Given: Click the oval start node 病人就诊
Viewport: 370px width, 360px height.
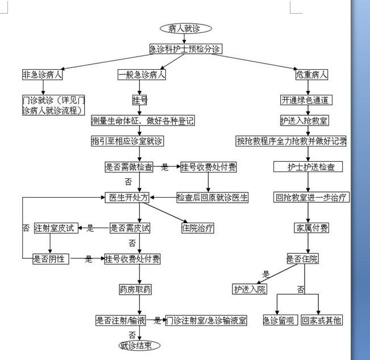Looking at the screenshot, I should pyautogui.click(x=186, y=28).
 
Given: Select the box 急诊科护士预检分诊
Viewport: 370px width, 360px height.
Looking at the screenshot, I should pyautogui.click(x=185, y=49).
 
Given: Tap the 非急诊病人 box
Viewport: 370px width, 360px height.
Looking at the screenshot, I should pyautogui.click(x=43, y=74).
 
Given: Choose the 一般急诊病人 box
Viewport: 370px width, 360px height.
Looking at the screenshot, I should pyautogui.click(x=142, y=74).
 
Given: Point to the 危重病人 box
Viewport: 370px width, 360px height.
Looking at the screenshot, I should pyautogui.click(x=311, y=74).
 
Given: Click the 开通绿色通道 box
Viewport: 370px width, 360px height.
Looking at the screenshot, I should pyautogui.click(x=306, y=101).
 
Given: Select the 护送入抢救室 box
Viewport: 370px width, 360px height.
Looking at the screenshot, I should pyautogui.click(x=304, y=121).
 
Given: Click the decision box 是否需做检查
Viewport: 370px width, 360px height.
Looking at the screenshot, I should pyautogui.click(x=129, y=167).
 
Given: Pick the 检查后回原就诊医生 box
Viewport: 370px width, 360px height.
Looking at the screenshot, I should pyautogui.click(x=213, y=198).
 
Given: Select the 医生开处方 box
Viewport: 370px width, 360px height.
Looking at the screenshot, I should pyautogui.click(x=128, y=198).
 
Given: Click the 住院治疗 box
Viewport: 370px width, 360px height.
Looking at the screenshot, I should pyautogui.click(x=197, y=228).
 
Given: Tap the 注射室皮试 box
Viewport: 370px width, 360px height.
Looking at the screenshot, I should pyautogui.click(x=55, y=228).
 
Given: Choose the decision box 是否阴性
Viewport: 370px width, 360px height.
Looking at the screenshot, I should pyautogui.click(x=51, y=259).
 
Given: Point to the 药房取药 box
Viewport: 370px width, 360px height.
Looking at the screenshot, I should pyautogui.click(x=135, y=290).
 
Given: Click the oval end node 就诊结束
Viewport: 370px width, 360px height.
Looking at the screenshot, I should pyautogui.click(x=136, y=345).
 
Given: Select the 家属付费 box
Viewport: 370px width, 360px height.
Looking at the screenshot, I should pyautogui.click(x=311, y=228).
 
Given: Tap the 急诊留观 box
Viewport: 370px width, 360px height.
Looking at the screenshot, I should pyautogui.click(x=279, y=320).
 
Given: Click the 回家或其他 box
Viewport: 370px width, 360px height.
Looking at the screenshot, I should pyautogui.click(x=322, y=320).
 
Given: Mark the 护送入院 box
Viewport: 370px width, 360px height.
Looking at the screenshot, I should pyautogui.click(x=250, y=290).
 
